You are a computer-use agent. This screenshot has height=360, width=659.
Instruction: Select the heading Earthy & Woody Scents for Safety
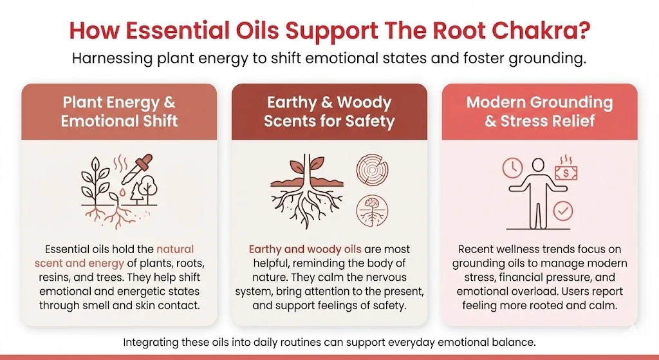[x=329, y=111]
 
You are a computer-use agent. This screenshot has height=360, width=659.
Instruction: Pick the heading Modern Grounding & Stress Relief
[x=539, y=111]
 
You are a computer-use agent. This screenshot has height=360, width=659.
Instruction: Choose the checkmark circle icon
[x=563, y=211]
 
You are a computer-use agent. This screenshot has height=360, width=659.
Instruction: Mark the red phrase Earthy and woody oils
[x=297, y=249]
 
